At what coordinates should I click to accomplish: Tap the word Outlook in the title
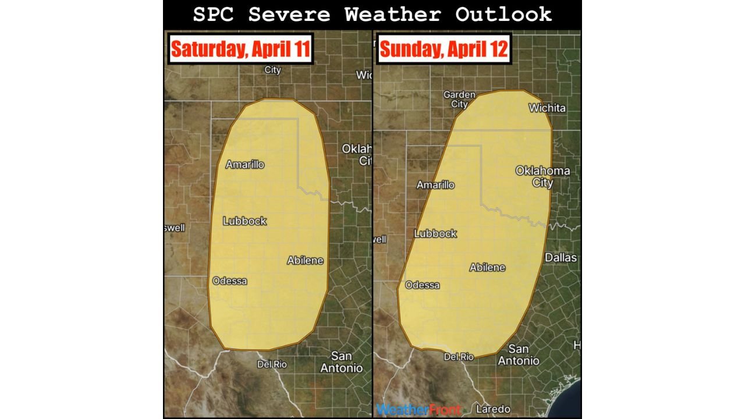coord(503,15)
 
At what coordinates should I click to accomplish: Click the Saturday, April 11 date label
coord(240,49)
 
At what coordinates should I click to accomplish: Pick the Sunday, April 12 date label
coord(444,49)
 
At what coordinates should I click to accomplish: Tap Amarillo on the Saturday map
coord(244,165)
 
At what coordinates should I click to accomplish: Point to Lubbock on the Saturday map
coord(244,221)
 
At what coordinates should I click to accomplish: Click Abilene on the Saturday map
coord(305,261)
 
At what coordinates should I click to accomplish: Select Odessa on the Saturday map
coord(229,281)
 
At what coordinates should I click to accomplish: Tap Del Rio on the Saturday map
coord(272,364)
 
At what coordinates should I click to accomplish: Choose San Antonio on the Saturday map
coord(342,362)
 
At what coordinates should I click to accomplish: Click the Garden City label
coord(459,100)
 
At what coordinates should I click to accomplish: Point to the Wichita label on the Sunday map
coord(547,108)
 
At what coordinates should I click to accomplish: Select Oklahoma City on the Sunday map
coord(542,176)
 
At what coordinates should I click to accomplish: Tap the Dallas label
coord(560,258)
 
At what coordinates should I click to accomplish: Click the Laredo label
coord(493,409)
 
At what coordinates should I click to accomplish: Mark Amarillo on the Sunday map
coord(435,185)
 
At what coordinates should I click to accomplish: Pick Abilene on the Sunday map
coord(487,268)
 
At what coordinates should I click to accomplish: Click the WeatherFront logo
coord(418,410)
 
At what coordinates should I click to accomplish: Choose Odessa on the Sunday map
coord(422,285)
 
